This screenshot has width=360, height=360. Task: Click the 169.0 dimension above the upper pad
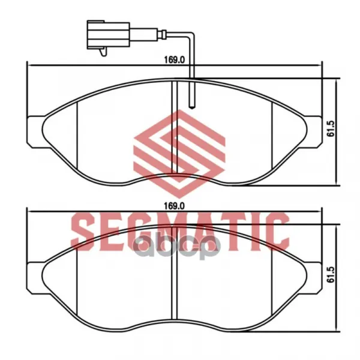(175, 60)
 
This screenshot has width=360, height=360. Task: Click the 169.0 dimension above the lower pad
(175, 206)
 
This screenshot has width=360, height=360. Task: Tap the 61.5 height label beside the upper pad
(331, 129)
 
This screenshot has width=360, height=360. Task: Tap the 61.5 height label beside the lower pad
(331, 275)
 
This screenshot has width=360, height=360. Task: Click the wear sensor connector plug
(109, 35)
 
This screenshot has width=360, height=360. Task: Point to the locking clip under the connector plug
(104, 52)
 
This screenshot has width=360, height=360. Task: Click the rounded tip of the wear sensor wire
(191, 106)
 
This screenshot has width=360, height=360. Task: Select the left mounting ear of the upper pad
(35, 131)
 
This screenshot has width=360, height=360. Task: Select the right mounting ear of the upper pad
(313, 131)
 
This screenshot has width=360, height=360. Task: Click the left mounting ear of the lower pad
(35, 277)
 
